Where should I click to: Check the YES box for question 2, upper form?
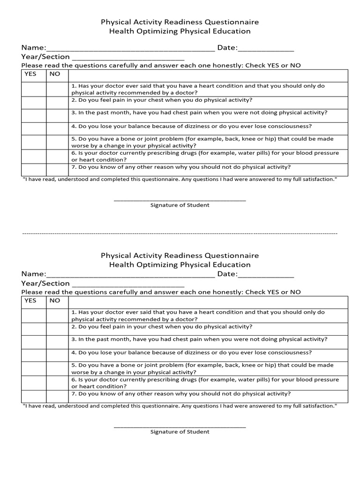point(34,103)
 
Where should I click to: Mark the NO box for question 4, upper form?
point(57,129)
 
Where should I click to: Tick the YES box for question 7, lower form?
point(34,396)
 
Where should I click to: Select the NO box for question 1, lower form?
point(57,315)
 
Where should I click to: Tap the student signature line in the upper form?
point(180,200)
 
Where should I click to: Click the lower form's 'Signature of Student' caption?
point(180,432)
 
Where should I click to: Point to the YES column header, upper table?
point(30,74)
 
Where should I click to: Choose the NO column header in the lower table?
point(55,300)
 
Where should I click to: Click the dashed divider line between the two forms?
point(180,233)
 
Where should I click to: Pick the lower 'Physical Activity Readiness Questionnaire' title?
point(180,255)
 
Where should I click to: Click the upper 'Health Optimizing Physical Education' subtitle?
point(180,31)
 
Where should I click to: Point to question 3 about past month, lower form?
point(199,339)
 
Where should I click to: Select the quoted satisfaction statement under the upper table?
point(180,180)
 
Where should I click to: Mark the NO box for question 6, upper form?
point(57,157)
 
